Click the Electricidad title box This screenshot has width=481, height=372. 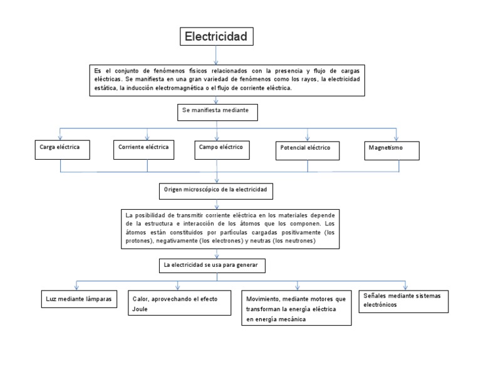coord(217,37)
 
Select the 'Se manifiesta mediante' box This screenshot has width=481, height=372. coord(217,111)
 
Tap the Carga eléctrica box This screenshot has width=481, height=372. coord(60,148)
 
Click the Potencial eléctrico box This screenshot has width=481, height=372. coord(308,150)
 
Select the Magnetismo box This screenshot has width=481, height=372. coord(391,149)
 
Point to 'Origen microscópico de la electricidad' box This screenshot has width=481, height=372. coord(216,189)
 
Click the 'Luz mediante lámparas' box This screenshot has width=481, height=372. coord(78,299)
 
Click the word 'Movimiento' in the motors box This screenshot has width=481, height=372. coord(263,299)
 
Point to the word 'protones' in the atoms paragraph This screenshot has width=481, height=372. coord(140,240)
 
